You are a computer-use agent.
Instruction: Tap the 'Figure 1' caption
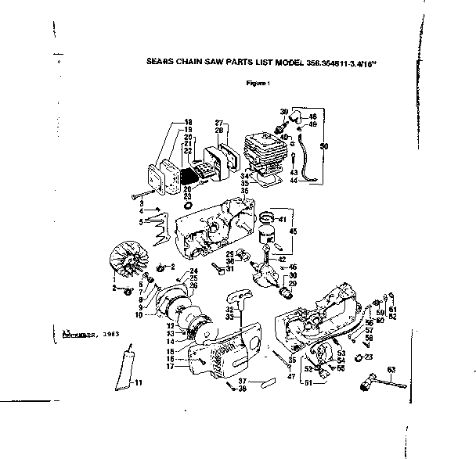[x=258, y=83]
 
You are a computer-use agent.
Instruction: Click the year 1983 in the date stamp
[x=121, y=333]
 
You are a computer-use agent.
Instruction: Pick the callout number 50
[x=325, y=145]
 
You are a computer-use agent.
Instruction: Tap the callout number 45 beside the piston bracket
[x=294, y=231]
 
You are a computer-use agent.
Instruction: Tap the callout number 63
[x=389, y=368]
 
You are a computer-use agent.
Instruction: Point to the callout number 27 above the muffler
[x=220, y=123]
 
